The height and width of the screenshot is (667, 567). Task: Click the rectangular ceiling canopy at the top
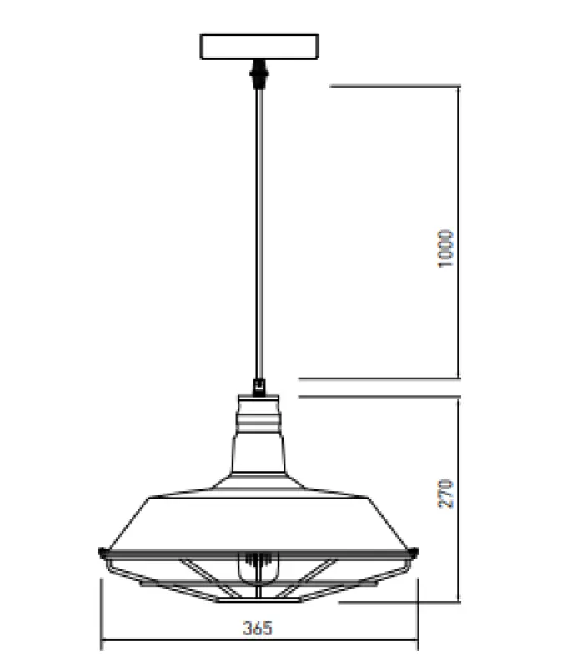[x=259, y=47]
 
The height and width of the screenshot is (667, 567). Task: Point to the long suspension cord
[x=259, y=233]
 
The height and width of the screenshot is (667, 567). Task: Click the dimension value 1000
[x=446, y=248]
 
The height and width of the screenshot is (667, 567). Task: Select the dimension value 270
[x=446, y=494]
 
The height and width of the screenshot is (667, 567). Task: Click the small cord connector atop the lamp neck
[x=259, y=386]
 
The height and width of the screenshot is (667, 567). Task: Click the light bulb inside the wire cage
[x=258, y=569]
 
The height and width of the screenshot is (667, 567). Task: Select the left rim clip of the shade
[x=102, y=551]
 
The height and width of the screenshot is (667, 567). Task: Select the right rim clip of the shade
[x=414, y=551]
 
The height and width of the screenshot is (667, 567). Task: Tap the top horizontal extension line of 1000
[x=392, y=85]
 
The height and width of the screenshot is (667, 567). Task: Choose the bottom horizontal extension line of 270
[x=400, y=601]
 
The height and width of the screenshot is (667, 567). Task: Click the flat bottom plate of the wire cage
[x=258, y=598]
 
